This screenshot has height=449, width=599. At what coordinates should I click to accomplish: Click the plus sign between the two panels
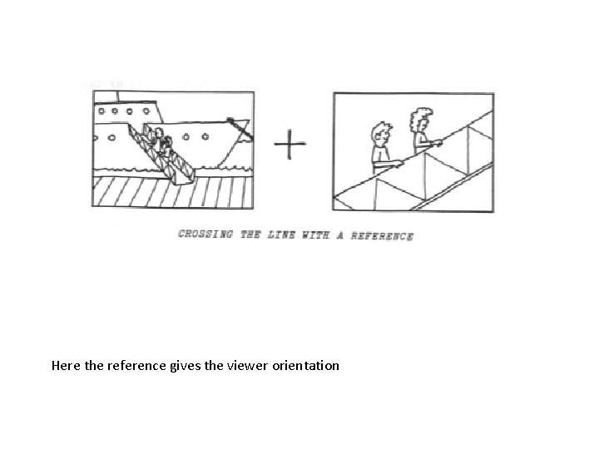click(290, 147)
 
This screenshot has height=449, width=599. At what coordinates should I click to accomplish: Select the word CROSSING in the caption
click(206, 234)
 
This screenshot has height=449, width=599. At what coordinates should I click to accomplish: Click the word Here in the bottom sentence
click(66, 365)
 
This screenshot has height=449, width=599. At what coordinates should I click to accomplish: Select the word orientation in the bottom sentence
click(305, 365)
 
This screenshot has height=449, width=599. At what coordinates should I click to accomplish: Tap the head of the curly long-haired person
click(421, 121)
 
